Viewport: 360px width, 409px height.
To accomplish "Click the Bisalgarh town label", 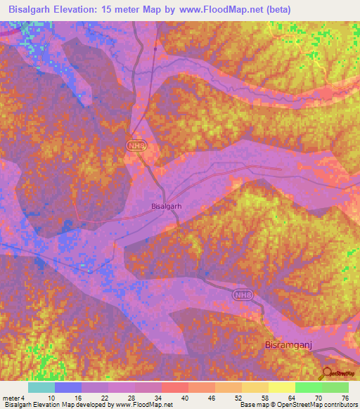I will [x=167, y=207].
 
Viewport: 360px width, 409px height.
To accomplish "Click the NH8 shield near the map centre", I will [x=136, y=145].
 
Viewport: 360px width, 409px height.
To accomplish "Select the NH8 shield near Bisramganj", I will [x=243, y=297].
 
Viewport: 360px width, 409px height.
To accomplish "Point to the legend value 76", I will [x=344, y=398].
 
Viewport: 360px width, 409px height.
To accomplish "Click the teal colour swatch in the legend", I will [x=41, y=387].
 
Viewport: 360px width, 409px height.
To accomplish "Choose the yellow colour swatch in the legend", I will [x=282, y=387].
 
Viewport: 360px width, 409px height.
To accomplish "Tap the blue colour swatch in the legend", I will [x=68, y=387].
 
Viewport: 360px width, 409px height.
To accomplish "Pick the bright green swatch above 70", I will [x=309, y=387].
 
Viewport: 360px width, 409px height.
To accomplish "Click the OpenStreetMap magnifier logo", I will [x=326, y=373].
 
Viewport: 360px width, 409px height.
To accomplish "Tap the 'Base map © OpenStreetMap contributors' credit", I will [x=297, y=405].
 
